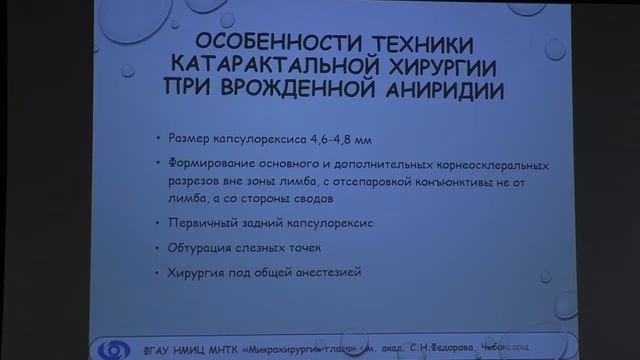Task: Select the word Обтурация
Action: coord(199,247)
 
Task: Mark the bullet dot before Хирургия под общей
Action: coord(158,273)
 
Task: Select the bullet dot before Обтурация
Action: coord(158,248)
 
